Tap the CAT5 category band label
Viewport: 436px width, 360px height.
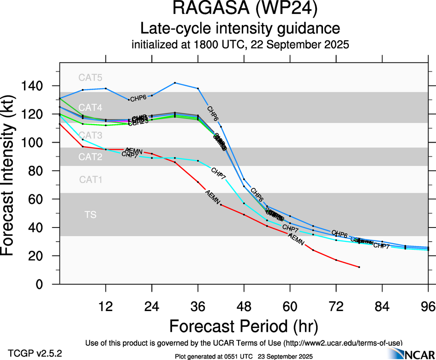(90, 77)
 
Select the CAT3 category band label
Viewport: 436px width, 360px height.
(90, 135)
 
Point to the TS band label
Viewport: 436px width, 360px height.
(90, 215)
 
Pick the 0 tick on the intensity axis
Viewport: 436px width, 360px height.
(45, 284)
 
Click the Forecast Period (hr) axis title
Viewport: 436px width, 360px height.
(243, 326)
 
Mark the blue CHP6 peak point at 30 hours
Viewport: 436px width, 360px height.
(175, 83)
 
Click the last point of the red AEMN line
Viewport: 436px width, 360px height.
(359, 267)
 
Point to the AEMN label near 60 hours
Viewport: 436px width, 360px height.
(296, 240)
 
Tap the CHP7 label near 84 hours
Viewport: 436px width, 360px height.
(381, 246)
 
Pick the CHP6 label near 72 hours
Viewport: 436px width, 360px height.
(340, 234)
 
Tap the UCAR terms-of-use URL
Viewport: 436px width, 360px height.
(342, 342)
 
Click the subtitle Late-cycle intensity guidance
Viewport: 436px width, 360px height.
(240, 29)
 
